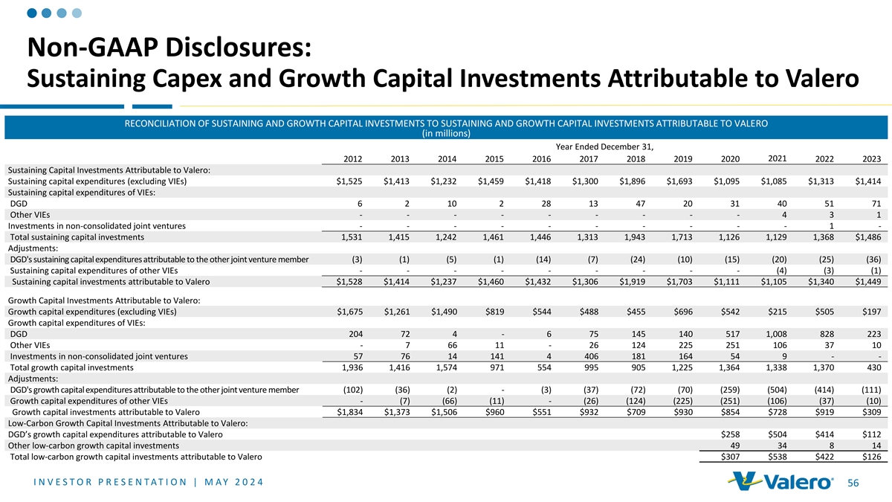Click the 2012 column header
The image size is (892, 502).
point(353,158)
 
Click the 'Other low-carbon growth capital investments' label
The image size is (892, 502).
point(93,445)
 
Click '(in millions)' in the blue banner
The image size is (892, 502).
point(446,133)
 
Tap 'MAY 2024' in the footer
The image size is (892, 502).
point(222,482)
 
